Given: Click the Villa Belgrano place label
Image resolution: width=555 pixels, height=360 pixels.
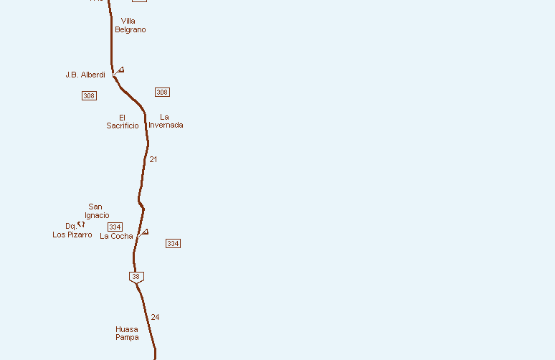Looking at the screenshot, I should [x=130, y=25].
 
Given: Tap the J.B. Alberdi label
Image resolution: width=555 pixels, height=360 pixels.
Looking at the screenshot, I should [x=85, y=75].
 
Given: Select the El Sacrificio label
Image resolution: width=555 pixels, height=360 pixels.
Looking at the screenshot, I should [x=123, y=121].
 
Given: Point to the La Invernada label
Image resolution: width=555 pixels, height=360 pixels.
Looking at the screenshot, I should [x=166, y=120].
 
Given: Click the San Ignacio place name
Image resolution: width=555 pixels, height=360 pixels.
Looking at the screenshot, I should [x=96, y=211].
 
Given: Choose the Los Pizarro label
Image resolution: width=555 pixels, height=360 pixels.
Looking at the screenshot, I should [x=72, y=235].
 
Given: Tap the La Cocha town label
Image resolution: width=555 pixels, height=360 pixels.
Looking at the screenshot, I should [x=116, y=236].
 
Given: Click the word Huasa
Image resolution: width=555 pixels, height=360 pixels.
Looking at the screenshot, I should [x=127, y=329].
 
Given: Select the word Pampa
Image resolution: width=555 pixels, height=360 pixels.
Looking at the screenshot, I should [x=127, y=337].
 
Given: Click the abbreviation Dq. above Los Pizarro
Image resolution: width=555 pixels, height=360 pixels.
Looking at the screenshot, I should [x=70, y=226].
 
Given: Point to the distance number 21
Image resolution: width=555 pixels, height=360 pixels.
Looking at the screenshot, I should [x=153, y=159].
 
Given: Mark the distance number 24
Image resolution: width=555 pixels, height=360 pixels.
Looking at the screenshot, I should [x=155, y=317].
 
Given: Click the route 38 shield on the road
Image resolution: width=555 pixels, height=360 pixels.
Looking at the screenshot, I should [x=136, y=277].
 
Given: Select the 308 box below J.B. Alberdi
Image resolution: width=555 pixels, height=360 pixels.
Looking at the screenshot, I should [x=89, y=95].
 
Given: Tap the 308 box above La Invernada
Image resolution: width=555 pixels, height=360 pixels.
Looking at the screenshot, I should [x=162, y=92].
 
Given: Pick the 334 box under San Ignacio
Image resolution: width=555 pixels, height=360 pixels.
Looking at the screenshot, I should [x=115, y=227].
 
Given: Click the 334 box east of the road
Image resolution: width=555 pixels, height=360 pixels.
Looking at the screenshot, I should [x=173, y=243].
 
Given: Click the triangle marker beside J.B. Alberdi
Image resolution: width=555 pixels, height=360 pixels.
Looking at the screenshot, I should [x=120, y=70].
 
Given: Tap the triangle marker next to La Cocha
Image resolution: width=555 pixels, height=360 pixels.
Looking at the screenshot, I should [x=145, y=232].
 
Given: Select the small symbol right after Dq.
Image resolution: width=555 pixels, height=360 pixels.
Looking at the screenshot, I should [x=81, y=224].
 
